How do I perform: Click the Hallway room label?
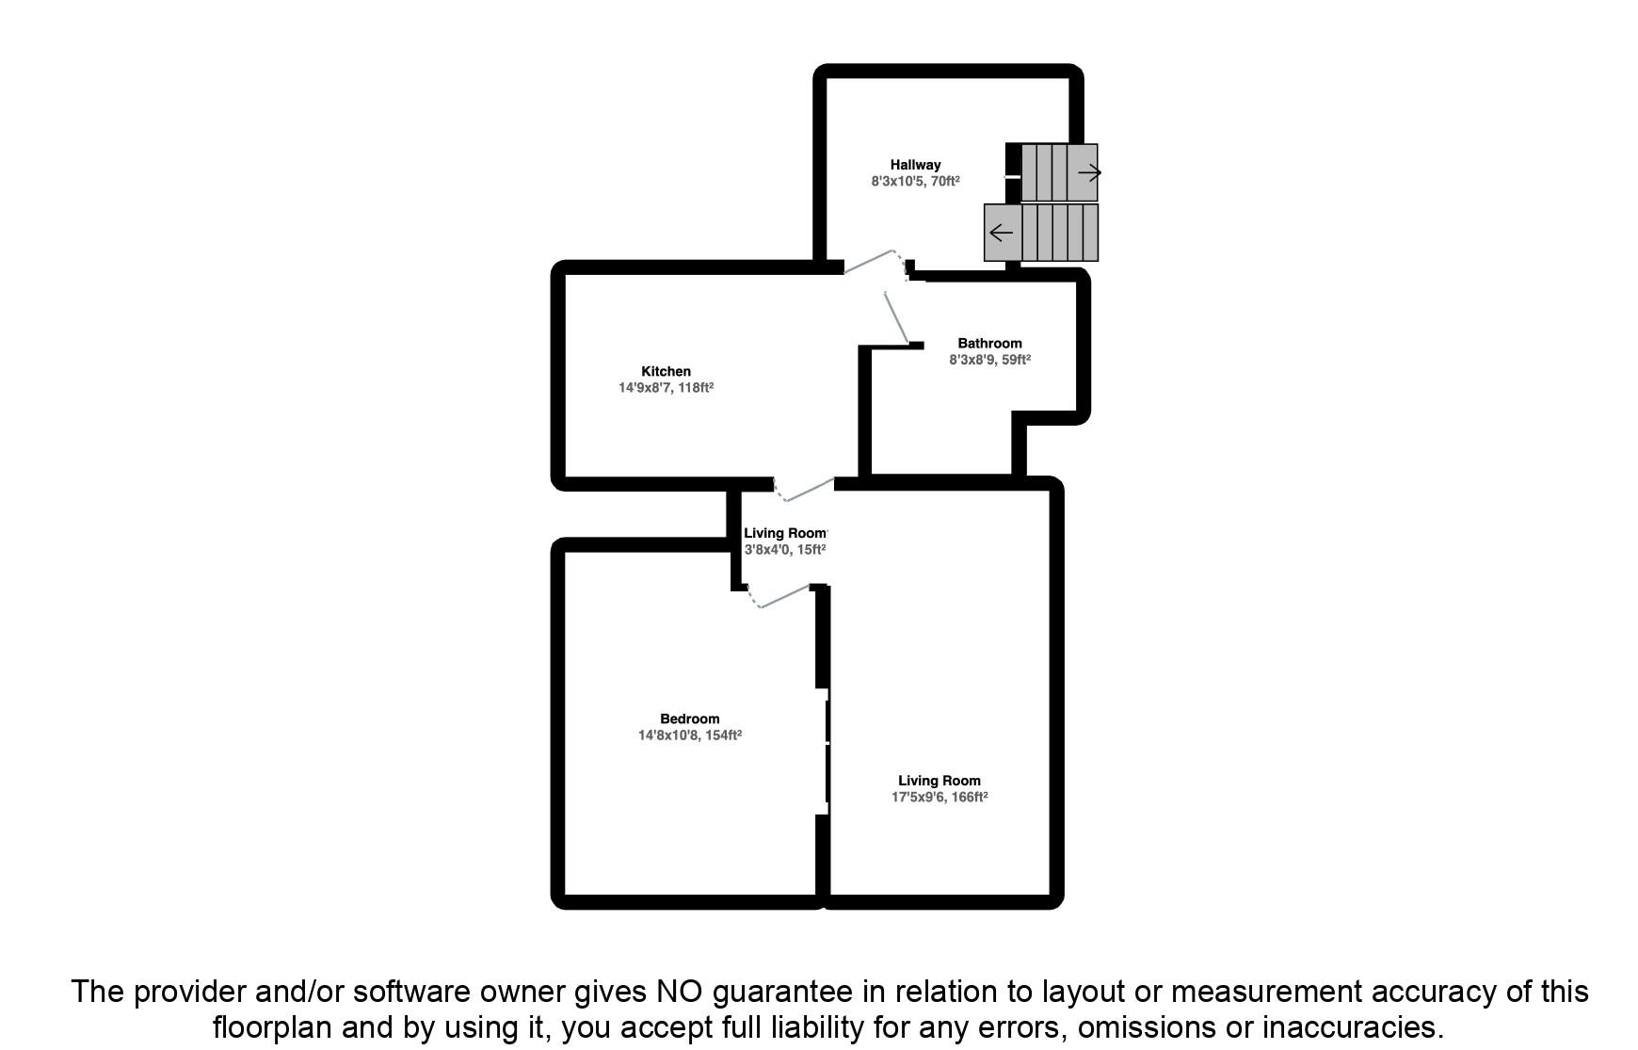point(915,165)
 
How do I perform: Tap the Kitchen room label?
point(666,371)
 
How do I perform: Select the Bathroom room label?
point(989,343)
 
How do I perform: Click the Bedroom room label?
point(689,719)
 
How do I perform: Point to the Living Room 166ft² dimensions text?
point(939,797)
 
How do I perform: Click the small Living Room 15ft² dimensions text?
point(784,550)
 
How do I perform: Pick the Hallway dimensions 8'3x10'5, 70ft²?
point(915,181)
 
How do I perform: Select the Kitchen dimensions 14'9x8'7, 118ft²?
point(666,387)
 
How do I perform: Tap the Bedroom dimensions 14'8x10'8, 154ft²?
point(689,735)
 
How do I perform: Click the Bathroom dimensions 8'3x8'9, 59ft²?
point(989,359)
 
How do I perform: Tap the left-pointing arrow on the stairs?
point(1002,233)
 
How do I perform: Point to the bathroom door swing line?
point(896,318)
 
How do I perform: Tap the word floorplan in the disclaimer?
point(271,1026)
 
